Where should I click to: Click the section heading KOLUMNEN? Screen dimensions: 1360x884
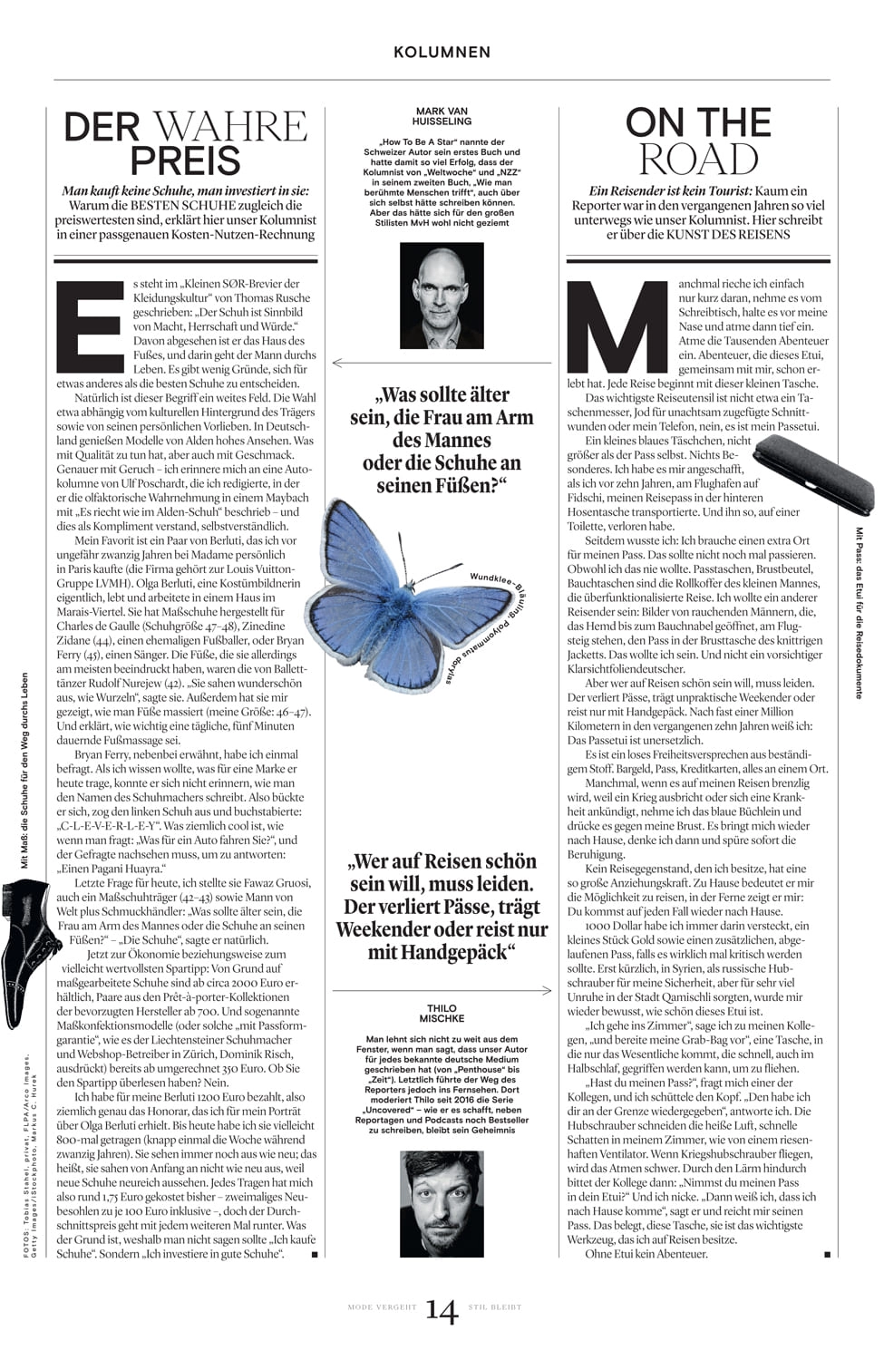(x=442, y=53)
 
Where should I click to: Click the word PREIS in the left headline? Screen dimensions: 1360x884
(x=185, y=160)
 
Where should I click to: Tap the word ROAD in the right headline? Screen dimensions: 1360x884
(x=698, y=160)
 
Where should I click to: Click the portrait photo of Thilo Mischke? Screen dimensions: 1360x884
(x=442, y=1202)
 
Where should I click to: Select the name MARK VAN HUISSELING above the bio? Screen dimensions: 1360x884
(x=442, y=116)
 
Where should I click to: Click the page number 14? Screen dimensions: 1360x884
(x=442, y=1310)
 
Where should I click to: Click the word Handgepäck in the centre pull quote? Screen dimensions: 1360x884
(x=460, y=952)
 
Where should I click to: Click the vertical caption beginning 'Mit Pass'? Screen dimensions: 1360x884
(x=858, y=612)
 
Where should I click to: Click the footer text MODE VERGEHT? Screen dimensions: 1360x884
(x=382, y=1307)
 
